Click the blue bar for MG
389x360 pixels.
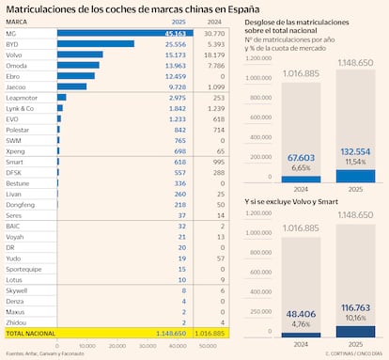click(118, 34)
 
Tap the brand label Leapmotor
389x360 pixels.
click(23, 97)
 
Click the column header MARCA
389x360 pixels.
click(17, 23)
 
